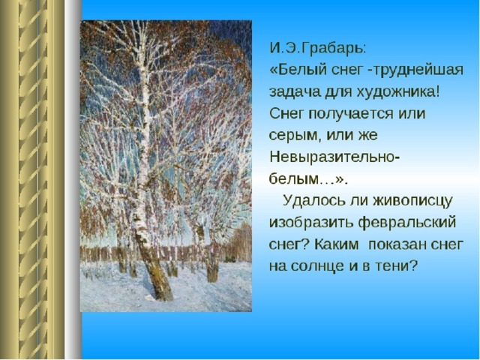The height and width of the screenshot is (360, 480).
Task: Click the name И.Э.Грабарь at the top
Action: click(317, 49)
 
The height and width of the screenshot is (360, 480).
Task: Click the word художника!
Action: click(397, 91)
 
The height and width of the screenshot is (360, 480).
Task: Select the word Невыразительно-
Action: click(334, 157)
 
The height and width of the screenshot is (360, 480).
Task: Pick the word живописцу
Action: click(413, 201)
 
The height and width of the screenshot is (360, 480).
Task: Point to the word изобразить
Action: click(311, 223)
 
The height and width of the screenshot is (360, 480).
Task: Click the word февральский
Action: click(407, 223)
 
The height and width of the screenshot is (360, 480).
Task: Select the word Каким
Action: click(336, 244)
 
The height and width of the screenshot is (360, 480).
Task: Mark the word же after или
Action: click(368, 136)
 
